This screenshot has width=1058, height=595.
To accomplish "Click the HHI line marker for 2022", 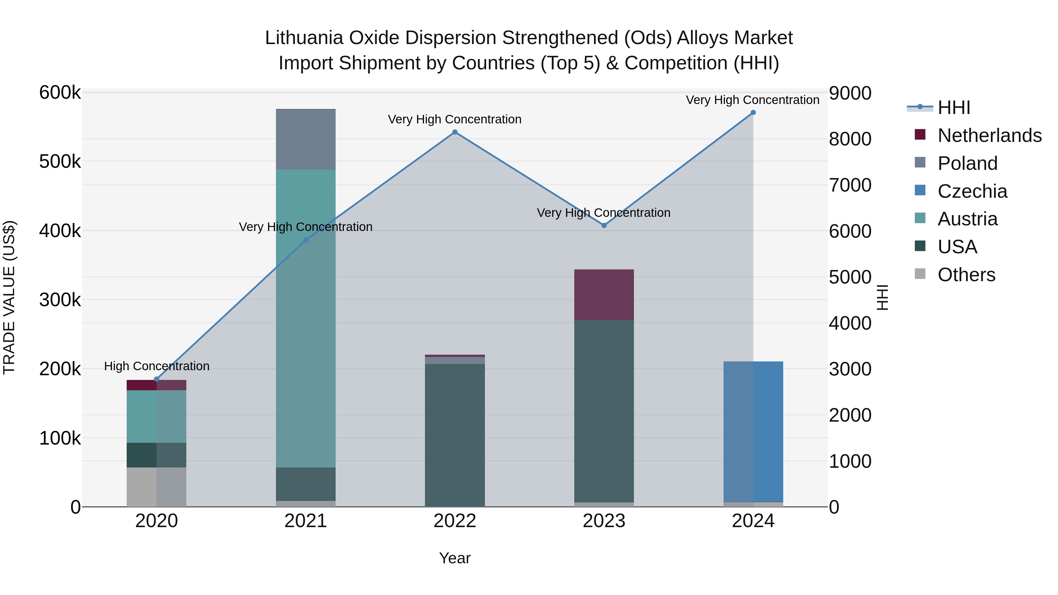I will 455,132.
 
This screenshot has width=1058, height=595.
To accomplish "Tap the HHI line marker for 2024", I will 753,113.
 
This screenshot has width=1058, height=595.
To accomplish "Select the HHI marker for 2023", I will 604,225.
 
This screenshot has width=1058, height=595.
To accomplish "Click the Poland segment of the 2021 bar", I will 306,140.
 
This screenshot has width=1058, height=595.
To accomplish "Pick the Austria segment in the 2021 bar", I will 306,318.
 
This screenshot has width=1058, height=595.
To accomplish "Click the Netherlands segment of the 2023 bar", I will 604,295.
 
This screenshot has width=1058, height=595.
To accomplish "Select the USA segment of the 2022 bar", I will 455,435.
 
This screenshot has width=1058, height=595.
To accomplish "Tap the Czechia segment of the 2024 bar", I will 753,431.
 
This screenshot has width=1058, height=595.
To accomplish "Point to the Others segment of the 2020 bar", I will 156,487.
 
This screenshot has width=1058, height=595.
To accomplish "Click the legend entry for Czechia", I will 972,191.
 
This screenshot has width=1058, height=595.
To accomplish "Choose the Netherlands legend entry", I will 989,135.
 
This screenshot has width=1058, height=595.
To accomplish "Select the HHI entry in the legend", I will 954,108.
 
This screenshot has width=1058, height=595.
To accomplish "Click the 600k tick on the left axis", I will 60,93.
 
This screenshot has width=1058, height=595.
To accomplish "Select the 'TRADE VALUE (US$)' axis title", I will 9,297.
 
